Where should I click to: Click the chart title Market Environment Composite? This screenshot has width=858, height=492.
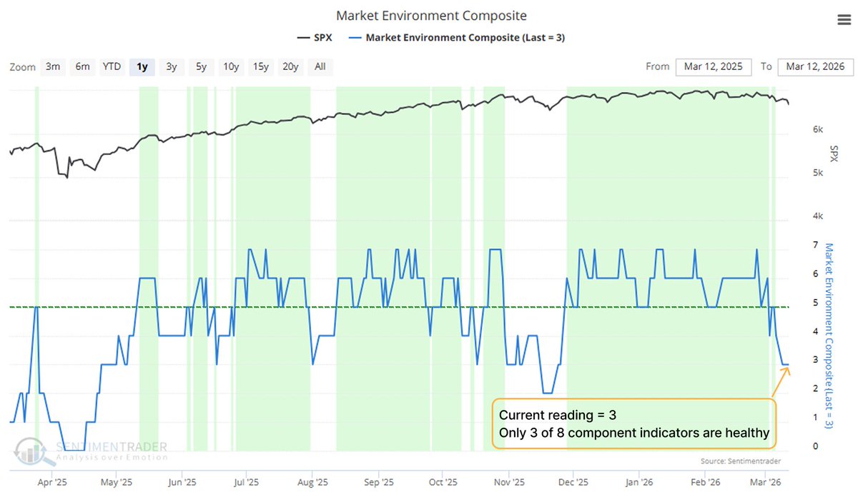click(430, 16)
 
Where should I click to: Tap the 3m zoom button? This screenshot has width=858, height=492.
click(52, 66)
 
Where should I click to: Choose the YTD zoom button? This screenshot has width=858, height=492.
click(112, 66)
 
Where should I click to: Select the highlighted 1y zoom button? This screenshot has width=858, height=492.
click(142, 66)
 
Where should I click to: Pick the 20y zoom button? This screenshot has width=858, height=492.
click(290, 66)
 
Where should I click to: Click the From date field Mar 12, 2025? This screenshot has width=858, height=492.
click(712, 66)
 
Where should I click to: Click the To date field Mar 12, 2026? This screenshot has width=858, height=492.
click(815, 66)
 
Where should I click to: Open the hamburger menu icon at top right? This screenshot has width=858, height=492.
click(844, 20)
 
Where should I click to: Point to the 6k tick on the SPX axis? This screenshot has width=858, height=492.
click(799, 129)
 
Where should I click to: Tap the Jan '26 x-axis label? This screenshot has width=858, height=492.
click(638, 482)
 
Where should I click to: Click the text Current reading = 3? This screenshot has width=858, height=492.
click(558, 416)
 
